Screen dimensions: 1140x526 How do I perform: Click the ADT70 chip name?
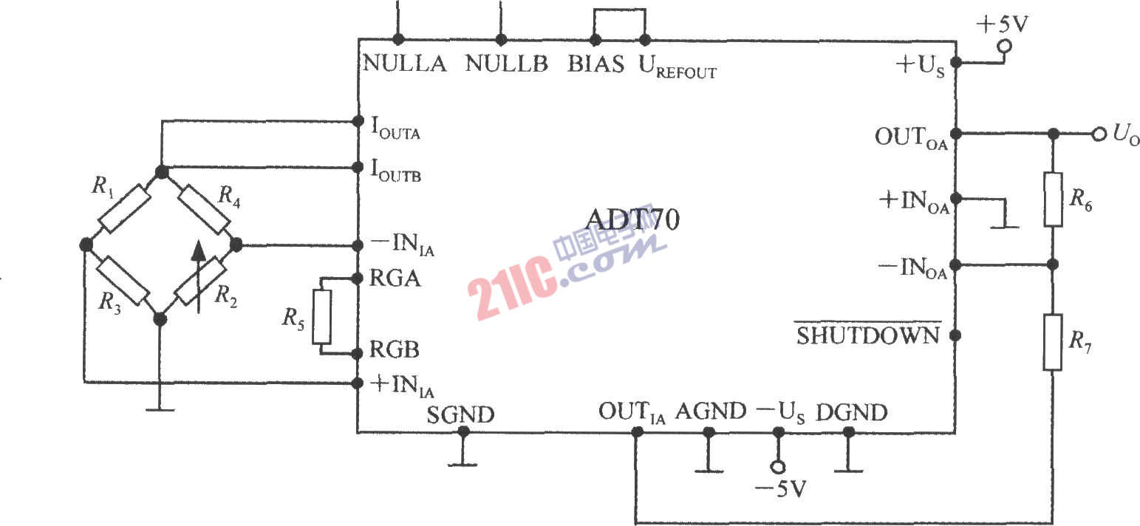click(x=632, y=219)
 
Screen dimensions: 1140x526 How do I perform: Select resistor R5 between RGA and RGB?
click(x=321, y=316)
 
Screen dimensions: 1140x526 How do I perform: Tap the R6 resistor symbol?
click(x=1053, y=199)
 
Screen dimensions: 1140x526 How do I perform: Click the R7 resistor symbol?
click(x=1053, y=342)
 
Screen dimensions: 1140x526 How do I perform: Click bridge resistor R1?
click(x=124, y=208)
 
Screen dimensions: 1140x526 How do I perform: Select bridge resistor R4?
click(x=205, y=209)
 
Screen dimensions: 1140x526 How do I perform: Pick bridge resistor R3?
click(x=123, y=281)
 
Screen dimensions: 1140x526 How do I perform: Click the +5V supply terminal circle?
click(x=1004, y=47)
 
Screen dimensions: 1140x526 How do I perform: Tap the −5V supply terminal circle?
click(x=778, y=466)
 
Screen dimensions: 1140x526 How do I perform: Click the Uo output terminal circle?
click(x=1099, y=134)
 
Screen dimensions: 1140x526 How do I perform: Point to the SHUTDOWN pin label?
click(x=867, y=335)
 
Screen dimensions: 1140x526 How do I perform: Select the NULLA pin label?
click(x=405, y=64)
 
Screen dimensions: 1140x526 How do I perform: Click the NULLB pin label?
click(x=507, y=64)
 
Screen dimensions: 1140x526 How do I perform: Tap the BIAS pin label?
click(x=596, y=64)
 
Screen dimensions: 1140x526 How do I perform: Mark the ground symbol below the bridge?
click(x=160, y=402)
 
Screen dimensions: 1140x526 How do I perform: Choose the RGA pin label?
click(x=395, y=279)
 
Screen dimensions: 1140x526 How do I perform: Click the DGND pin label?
click(x=851, y=412)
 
